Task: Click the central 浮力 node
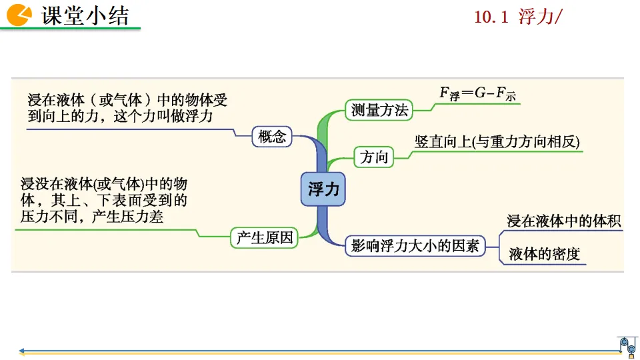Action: (x=323, y=189)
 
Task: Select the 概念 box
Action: (x=271, y=137)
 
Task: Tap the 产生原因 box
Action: (x=264, y=237)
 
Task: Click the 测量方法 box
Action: (x=379, y=111)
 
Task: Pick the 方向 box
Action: (x=373, y=157)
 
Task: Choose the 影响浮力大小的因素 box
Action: (x=415, y=245)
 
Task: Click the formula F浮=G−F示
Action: (x=477, y=94)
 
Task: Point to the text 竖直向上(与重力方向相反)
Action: (x=497, y=141)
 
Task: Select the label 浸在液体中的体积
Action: (x=564, y=221)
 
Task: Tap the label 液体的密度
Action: (x=544, y=254)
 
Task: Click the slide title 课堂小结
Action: (x=85, y=15)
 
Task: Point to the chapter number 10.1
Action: (x=491, y=17)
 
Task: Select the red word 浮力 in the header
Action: (x=536, y=17)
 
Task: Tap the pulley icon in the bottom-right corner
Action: (x=628, y=345)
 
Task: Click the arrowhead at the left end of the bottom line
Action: (x=23, y=351)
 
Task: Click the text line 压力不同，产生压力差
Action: (x=92, y=217)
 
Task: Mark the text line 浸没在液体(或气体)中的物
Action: (x=103, y=184)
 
